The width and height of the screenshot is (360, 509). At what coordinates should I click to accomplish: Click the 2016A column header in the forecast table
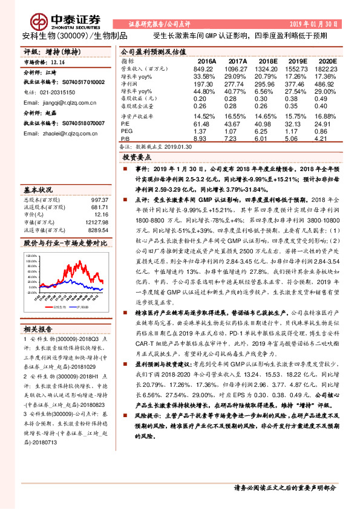(207, 62)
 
